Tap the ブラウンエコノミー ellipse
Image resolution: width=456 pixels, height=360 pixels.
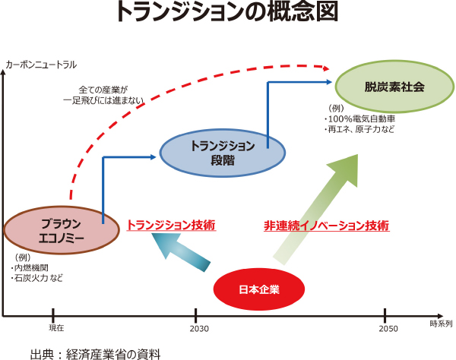tap(61, 229)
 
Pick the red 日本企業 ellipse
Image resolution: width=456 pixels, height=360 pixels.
tap(259, 289)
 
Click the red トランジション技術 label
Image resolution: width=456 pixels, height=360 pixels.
tap(171, 226)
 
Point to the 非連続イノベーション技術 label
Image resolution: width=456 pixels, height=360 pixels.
tap(326, 226)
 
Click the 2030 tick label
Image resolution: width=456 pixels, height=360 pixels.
tap(196, 328)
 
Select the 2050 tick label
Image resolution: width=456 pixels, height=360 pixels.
tap(386, 328)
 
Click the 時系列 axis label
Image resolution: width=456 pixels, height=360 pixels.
tap(440, 324)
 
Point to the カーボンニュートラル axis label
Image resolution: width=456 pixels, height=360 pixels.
tap(41, 65)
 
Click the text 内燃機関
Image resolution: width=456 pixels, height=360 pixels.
tap(31, 268)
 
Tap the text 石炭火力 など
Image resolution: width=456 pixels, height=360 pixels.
tap(38, 279)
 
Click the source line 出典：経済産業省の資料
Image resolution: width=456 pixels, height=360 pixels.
tap(96, 353)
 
